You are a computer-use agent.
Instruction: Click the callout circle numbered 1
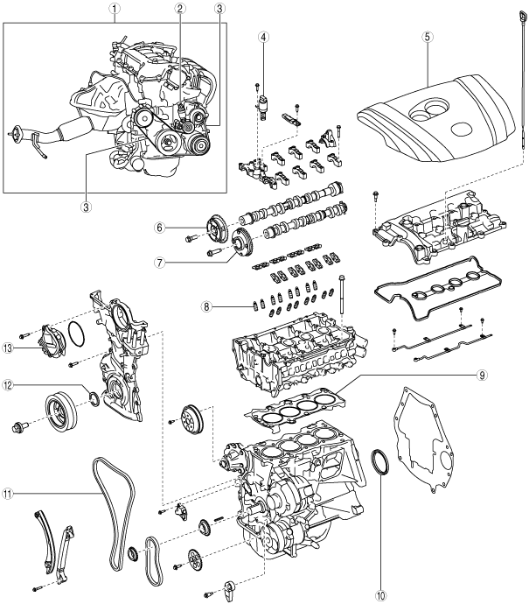[113, 9]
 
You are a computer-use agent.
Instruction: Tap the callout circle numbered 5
[428, 39]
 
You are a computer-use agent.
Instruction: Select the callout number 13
[10, 348]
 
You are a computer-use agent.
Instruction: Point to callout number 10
[380, 596]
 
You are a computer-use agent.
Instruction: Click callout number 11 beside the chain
[10, 493]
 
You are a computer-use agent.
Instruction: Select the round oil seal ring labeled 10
[382, 463]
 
